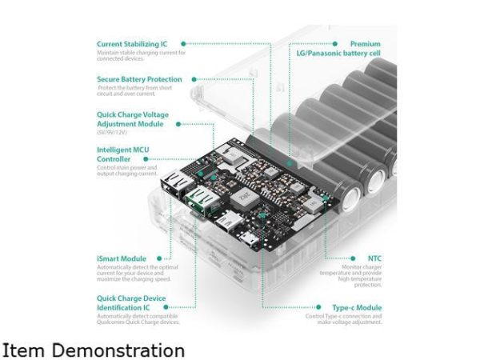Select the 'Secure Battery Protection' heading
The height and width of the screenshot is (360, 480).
139,79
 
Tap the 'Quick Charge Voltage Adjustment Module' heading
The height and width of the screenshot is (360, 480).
133,119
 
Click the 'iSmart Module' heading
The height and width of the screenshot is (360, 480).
122,258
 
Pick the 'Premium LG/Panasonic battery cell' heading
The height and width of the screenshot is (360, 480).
345,48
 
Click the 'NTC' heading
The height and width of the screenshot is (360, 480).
374,258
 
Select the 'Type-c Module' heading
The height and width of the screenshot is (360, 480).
358,307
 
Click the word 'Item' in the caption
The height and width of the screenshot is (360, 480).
24,350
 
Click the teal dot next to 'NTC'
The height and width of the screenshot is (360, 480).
353,258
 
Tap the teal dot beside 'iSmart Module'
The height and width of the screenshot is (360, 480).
160,258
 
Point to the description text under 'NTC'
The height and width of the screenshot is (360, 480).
351,275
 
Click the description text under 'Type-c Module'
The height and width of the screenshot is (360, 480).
343,319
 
